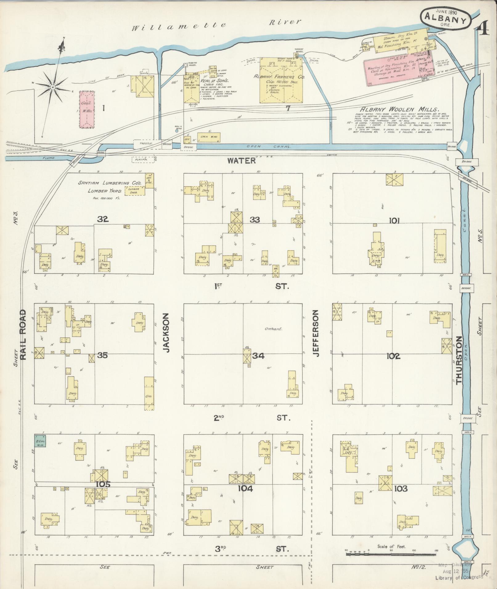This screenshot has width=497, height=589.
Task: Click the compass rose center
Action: [53, 87]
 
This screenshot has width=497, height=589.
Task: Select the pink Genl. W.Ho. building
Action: [87, 109]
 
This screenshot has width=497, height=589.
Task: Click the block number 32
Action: [103, 219]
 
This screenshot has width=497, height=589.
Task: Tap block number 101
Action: [394, 220]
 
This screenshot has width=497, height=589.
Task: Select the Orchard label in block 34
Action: [273, 329]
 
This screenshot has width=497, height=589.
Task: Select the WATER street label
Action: [242, 160]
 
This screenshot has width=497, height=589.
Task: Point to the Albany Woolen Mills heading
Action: [400, 109]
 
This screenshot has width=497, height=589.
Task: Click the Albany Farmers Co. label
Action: [279, 77]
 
